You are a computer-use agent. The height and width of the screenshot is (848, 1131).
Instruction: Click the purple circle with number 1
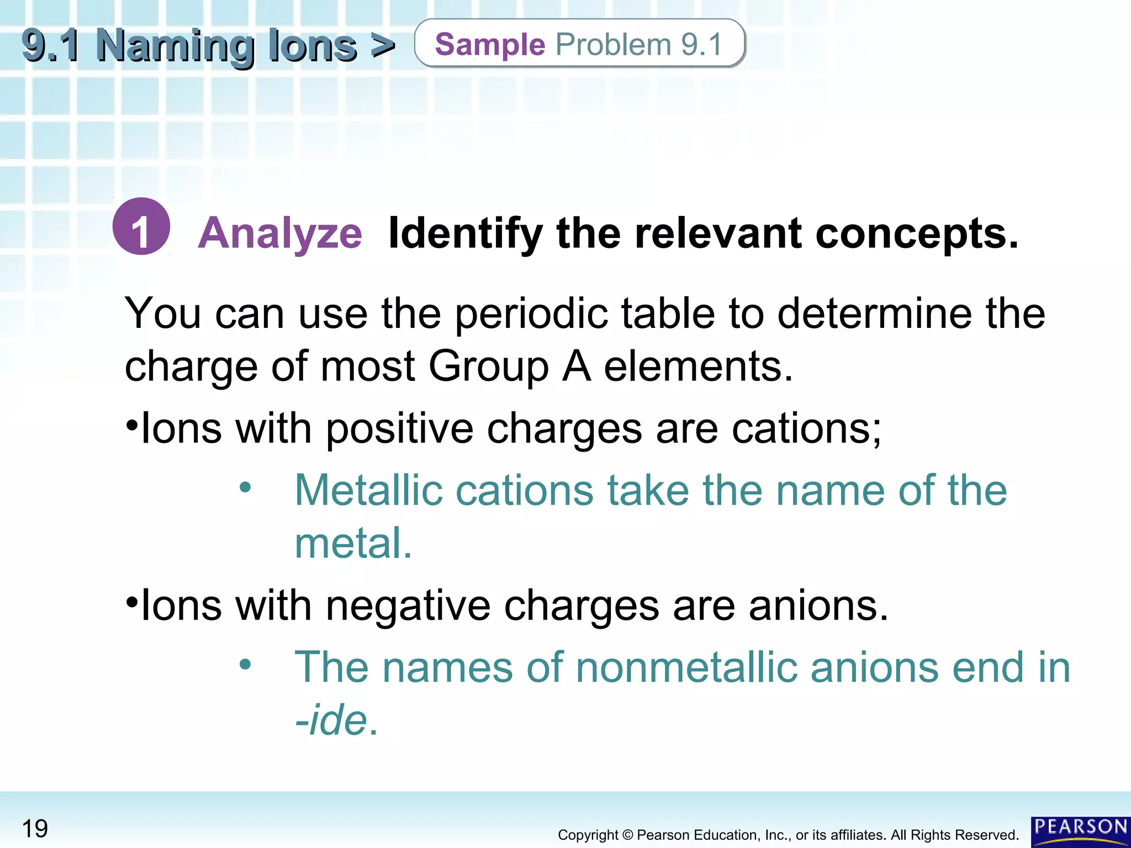(x=141, y=226)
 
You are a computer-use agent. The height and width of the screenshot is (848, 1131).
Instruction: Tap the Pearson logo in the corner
(x=1080, y=831)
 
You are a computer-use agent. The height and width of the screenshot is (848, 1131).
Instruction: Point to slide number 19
(x=35, y=829)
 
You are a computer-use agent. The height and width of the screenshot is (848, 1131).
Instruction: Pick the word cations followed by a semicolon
(x=806, y=429)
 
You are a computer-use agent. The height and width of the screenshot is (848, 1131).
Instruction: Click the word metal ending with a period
(x=353, y=543)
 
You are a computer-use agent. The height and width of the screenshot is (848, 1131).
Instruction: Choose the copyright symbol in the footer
(x=627, y=835)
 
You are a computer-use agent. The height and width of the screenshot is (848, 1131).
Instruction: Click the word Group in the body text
(x=488, y=367)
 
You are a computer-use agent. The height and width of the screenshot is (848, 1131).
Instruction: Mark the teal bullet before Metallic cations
(x=245, y=487)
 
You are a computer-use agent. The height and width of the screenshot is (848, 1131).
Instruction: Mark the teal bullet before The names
(x=245, y=664)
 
